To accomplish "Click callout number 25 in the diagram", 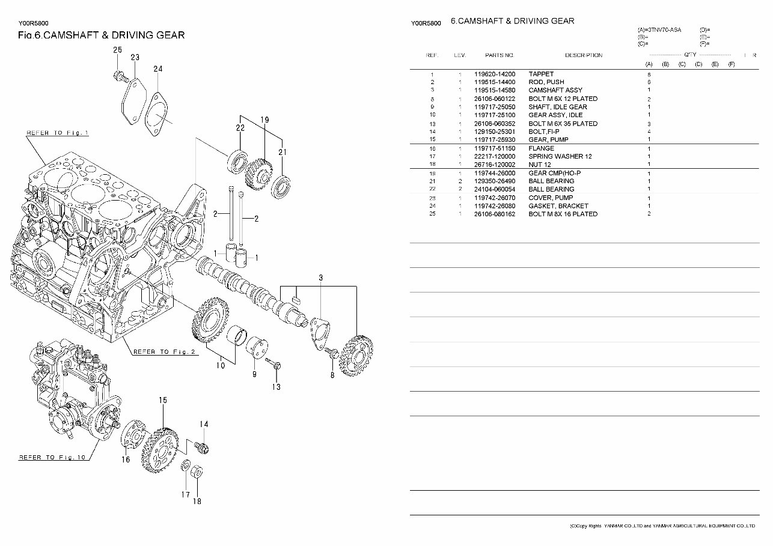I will click(117, 50).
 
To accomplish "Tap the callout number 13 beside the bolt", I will click(275, 387).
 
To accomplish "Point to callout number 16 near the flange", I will click(125, 460).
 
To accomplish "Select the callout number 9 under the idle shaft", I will click(254, 374).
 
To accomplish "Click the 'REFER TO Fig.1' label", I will click(58, 133).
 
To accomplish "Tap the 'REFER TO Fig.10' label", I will click(53, 457).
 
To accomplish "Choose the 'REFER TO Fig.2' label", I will click(164, 352).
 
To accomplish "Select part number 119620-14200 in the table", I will click(494, 74).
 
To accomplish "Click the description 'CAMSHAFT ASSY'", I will click(555, 91).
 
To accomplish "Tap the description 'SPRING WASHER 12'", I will click(560, 157).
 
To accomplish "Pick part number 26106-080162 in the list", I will click(494, 214).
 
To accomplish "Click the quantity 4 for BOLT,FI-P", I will click(649, 132).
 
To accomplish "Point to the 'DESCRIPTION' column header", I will click(583, 55).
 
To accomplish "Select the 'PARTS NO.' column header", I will click(500, 55).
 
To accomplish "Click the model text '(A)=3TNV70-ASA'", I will click(659, 29).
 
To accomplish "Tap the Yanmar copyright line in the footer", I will click(661, 526).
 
